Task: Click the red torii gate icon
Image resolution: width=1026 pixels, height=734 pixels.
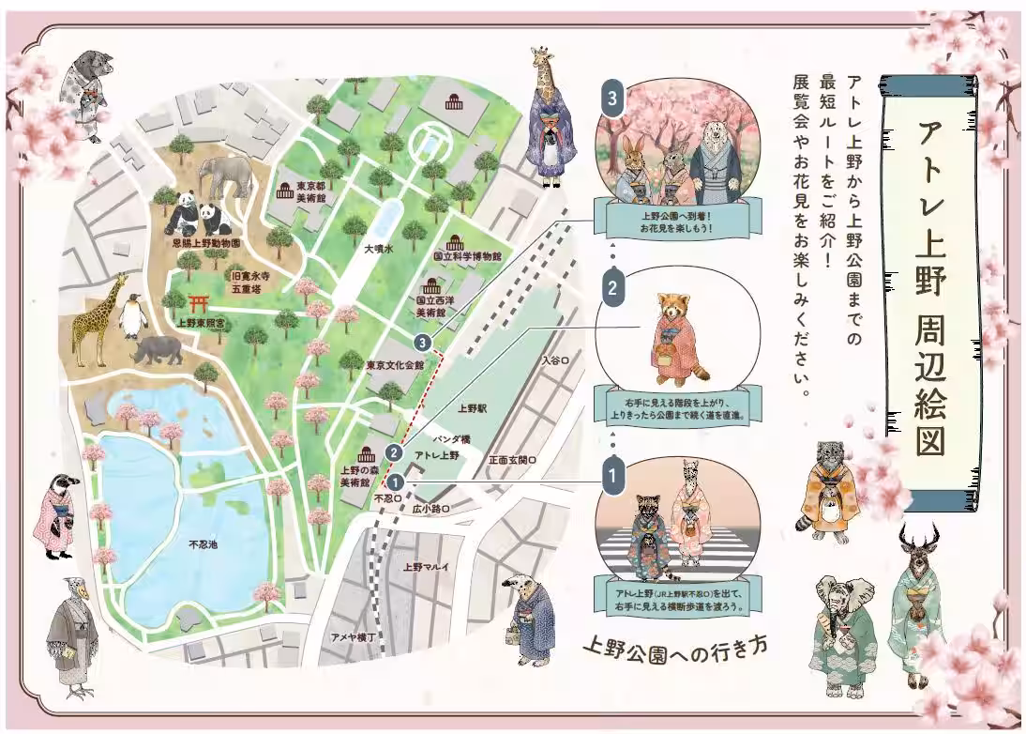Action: coord(198,303)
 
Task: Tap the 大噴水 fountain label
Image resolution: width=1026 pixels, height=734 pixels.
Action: coord(381,250)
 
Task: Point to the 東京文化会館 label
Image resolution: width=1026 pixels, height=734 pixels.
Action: coord(395,364)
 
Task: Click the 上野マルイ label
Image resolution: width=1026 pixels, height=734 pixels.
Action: coord(426,566)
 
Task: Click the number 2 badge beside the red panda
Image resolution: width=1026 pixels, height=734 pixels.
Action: coord(612,288)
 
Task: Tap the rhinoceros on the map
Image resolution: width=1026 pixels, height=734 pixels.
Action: coord(158,350)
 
